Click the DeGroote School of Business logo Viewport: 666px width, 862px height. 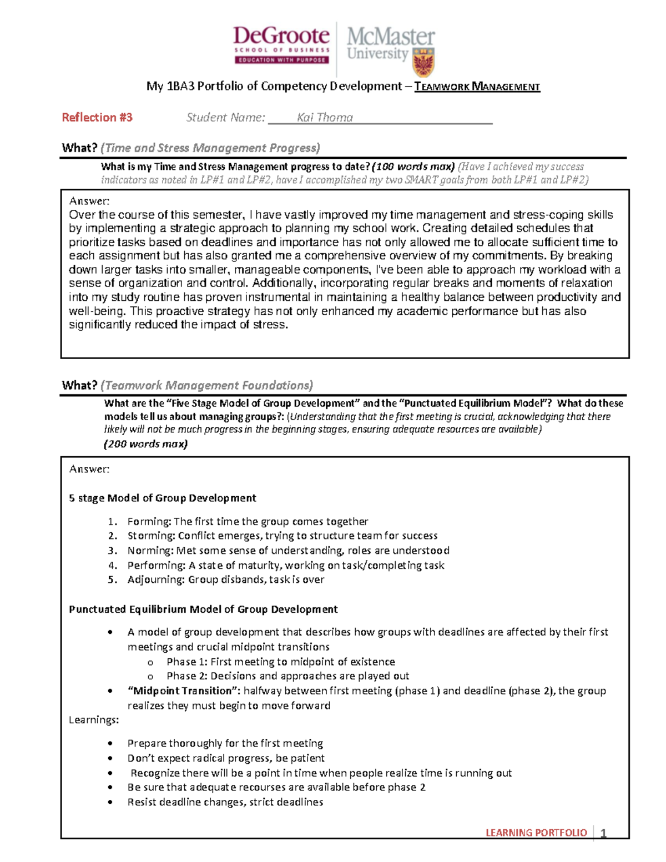pos(281,45)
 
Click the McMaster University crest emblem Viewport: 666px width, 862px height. pos(423,62)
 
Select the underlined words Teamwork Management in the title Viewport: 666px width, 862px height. pos(477,87)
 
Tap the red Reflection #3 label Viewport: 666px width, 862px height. pos(97,118)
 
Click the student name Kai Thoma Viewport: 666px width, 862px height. pos(325,118)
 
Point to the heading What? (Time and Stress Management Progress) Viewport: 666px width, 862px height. pos(191,148)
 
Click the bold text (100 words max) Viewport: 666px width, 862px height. pos(413,167)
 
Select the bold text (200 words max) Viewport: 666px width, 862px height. pos(146,444)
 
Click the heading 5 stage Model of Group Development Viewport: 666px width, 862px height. pos(162,498)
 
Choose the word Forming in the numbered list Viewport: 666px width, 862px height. pos(149,522)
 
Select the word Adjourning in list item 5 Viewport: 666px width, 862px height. pos(155,579)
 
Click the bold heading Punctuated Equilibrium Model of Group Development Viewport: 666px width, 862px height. pos(203,609)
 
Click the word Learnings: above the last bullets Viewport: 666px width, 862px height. pos(94,720)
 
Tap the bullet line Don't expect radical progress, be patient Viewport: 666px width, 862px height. pos(226,758)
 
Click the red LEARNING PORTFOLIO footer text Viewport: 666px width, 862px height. pos(536,833)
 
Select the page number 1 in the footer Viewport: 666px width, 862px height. pos(603,833)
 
